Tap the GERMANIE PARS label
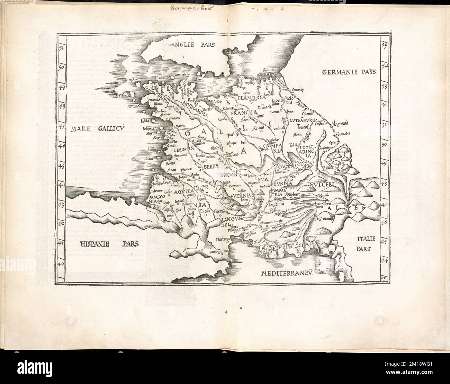click(349, 72)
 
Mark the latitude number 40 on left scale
click(61, 264)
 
